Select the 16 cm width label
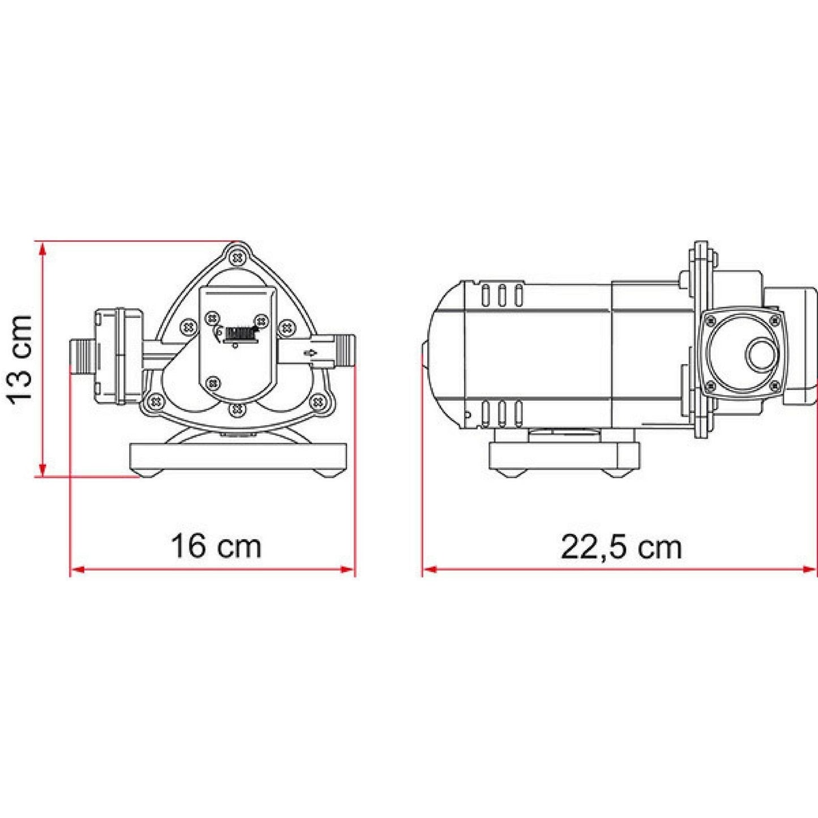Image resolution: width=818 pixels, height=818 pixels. pos(216,547)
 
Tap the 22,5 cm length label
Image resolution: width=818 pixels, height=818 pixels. pos(621,547)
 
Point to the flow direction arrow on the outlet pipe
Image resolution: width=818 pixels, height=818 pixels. pos(311,354)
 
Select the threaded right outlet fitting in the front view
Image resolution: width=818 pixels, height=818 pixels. pos(344,349)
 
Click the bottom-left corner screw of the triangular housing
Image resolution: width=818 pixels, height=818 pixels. pos(155,402)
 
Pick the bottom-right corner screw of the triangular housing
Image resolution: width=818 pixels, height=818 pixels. pos(319,402)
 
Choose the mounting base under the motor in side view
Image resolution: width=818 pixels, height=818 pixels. pos(564,456)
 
